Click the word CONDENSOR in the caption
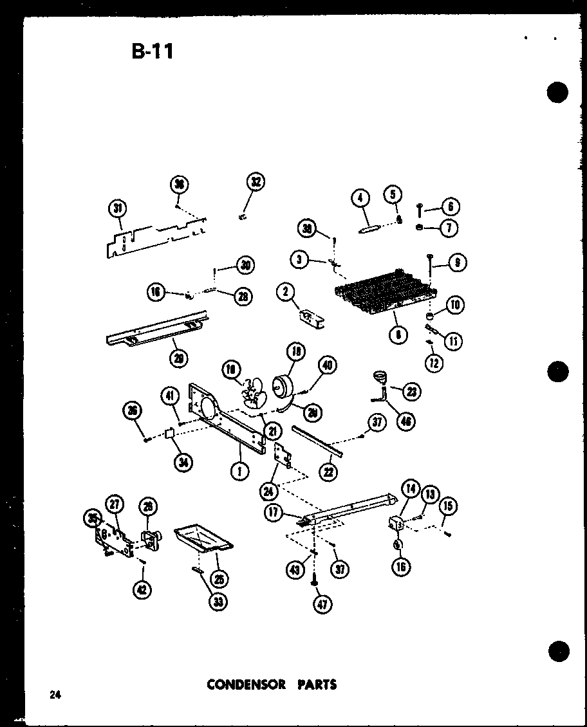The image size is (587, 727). pyautogui.click(x=245, y=684)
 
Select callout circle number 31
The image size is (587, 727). pyautogui.click(x=117, y=208)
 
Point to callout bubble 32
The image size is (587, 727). pyautogui.click(x=256, y=182)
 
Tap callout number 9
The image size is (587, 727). pyautogui.click(x=458, y=262)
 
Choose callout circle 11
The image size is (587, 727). pyautogui.click(x=454, y=341)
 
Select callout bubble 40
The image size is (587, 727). pyautogui.click(x=327, y=365)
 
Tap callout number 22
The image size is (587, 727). pyautogui.click(x=328, y=472)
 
